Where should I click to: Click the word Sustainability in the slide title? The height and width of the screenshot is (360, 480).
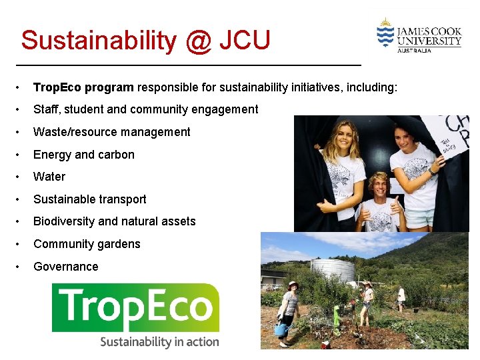tap(98, 41)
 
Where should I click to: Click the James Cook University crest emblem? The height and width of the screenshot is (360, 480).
tap(385, 33)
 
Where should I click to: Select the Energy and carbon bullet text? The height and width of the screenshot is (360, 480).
tap(84, 155)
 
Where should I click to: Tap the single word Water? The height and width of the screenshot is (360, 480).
tap(49, 177)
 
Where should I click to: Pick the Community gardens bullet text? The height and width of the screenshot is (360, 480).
tap(87, 244)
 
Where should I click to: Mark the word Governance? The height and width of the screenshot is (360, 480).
tap(65, 267)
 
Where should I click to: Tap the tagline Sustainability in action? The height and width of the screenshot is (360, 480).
tap(159, 342)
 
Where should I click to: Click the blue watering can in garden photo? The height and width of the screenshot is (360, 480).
tap(281, 329)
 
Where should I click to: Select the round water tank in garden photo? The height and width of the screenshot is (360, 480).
tap(333, 269)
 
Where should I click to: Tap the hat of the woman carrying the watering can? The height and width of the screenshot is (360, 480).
tap(292, 285)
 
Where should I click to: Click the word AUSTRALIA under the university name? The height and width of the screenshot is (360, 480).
tap(414, 50)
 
